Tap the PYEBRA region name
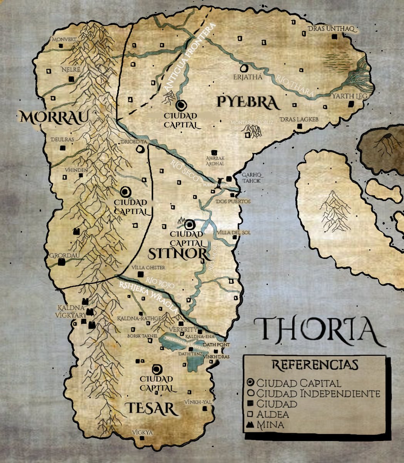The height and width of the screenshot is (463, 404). click(x=247, y=102)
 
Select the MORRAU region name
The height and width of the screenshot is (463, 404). click(x=52, y=117)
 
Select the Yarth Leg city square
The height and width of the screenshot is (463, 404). click(x=351, y=105)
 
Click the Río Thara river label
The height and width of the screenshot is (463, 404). click(x=295, y=85)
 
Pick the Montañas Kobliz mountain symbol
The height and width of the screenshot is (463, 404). click(x=253, y=132)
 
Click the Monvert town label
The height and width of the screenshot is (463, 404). click(x=64, y=39)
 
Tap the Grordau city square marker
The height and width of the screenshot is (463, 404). click(x=61, y=262)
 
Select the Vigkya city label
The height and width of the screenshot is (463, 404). click(x=142, y=433)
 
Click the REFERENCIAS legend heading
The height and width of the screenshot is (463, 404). click(x=315, y=365)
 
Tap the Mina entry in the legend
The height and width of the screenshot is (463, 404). click(x=270, y=425)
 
